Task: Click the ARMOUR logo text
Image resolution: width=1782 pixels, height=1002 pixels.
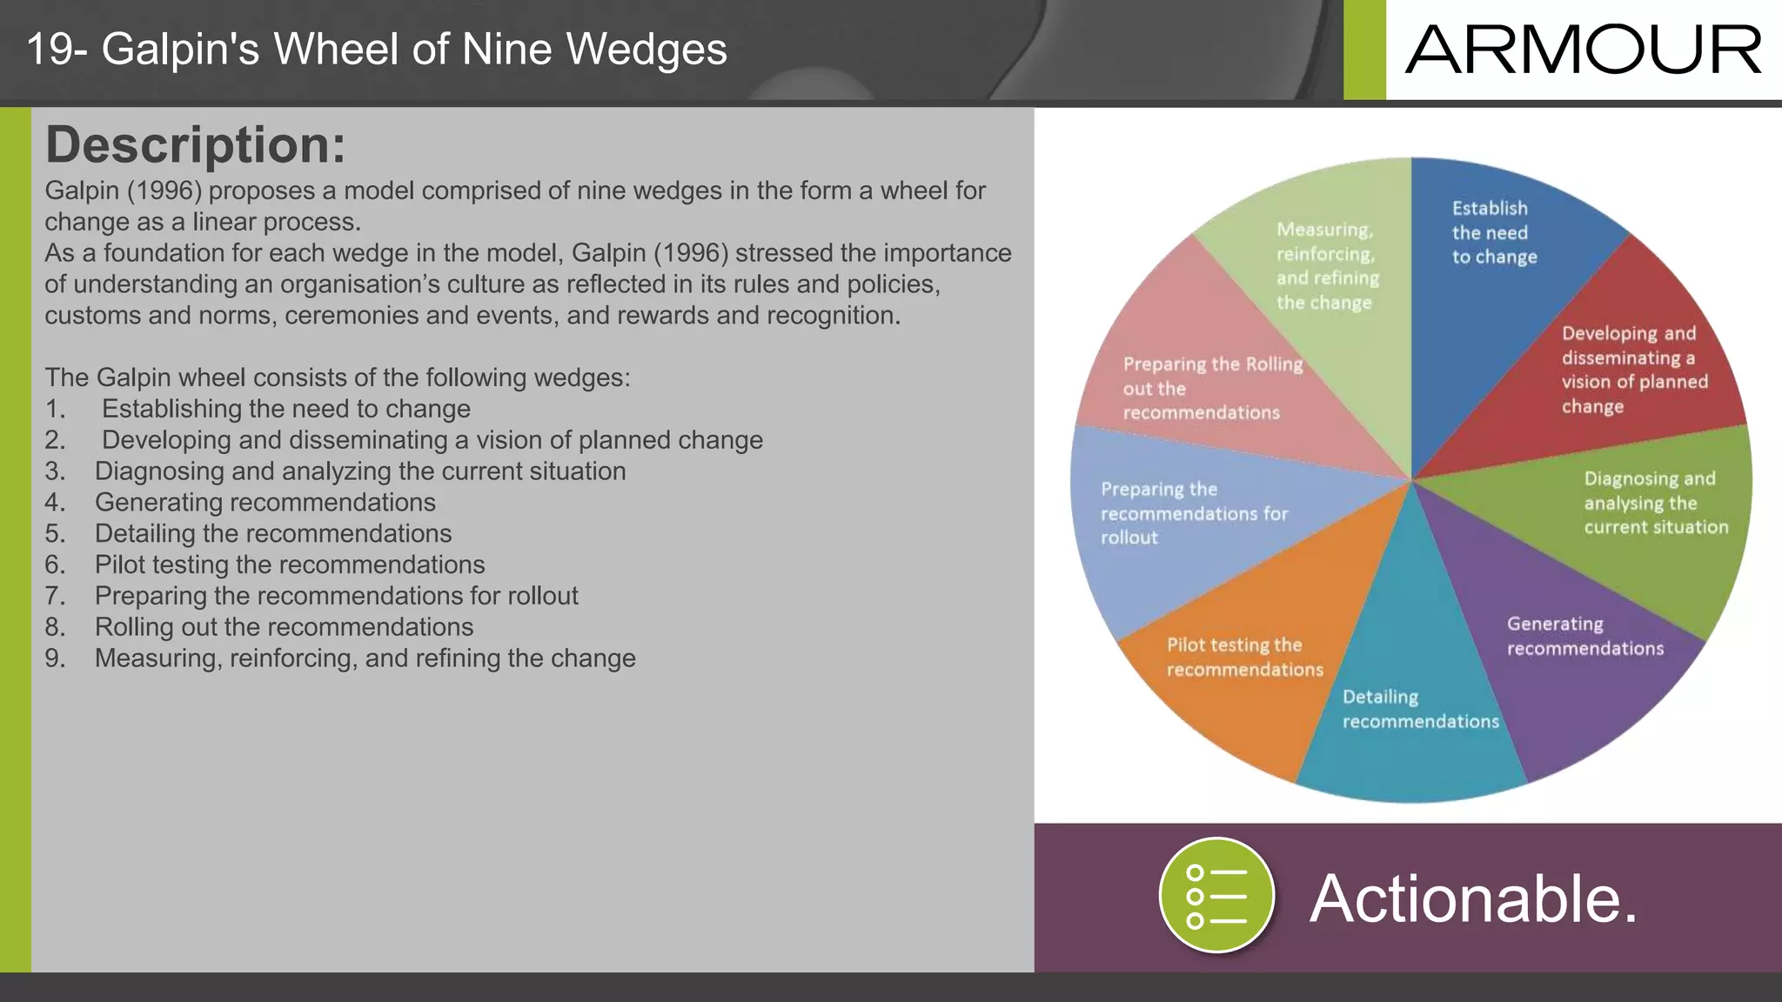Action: pyautogui.click(x=1583, y=50)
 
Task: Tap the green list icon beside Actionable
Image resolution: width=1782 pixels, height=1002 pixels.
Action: pyautogui.click(x=1216, y=895)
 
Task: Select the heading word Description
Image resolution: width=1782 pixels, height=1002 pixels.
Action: pyautogui.click(x=195, y=144)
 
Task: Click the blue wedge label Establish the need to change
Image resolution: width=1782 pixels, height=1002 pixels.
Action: pyautogui.click(x=1493, y=232)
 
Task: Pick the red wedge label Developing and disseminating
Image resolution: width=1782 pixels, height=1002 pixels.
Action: pyautogui.click(x=1634, y=370)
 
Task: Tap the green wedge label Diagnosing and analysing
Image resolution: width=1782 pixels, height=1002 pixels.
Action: pyautogui.click(x=1655, y=503)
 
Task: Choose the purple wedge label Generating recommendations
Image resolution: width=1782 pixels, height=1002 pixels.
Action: pyautogui.click(x=1584, y=636)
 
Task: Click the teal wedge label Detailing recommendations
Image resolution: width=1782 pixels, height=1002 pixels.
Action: pyautogui.click(x=1420, y=709)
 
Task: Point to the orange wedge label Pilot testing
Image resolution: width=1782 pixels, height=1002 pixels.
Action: pyautogui.click(x=1244, y=657)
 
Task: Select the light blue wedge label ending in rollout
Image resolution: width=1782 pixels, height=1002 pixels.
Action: pyautogui.click(x=1193, y=513)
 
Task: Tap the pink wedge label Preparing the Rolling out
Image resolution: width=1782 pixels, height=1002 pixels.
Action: pyautogui.click(x=1212, y=388)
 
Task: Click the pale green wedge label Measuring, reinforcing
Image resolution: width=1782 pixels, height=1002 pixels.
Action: pyautogui.click(x=1327, y=265)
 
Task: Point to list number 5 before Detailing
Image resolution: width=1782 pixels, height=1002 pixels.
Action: pyautogui.click(x=55, y=533)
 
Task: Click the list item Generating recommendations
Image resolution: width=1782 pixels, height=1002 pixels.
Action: pyautogui.click(x=265, y=502)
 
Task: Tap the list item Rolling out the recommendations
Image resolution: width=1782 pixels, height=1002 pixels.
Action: pyautogui.click(x=284, y=627)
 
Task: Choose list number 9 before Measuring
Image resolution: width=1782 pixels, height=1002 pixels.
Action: pyautogui.click(x=55, y=658)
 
